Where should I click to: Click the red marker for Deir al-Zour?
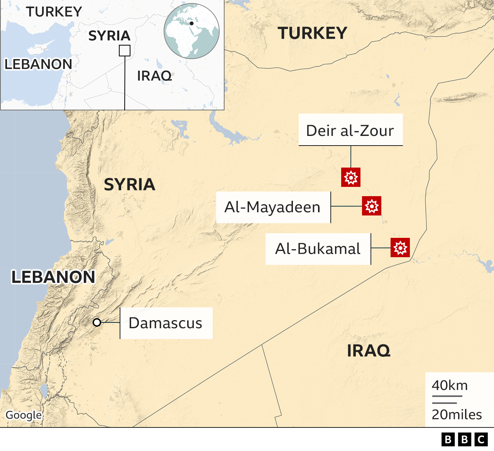351,177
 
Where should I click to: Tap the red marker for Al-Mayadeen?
372,206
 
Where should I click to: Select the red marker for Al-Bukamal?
400,248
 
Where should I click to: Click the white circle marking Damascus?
97,322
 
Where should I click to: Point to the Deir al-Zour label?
350,130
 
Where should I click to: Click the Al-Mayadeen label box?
273,207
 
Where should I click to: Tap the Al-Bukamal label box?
318,249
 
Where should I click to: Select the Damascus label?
166,323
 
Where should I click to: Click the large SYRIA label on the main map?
130,185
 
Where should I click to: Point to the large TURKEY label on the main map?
313,33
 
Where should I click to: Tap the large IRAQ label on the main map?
369,351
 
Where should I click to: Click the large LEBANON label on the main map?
53,277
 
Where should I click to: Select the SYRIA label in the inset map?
109,36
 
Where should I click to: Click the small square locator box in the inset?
125,51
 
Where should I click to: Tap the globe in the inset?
191,31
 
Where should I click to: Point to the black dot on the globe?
191,23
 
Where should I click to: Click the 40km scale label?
450,385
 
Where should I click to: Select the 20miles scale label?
457,414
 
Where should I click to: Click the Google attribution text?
24,415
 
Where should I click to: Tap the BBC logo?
464,439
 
